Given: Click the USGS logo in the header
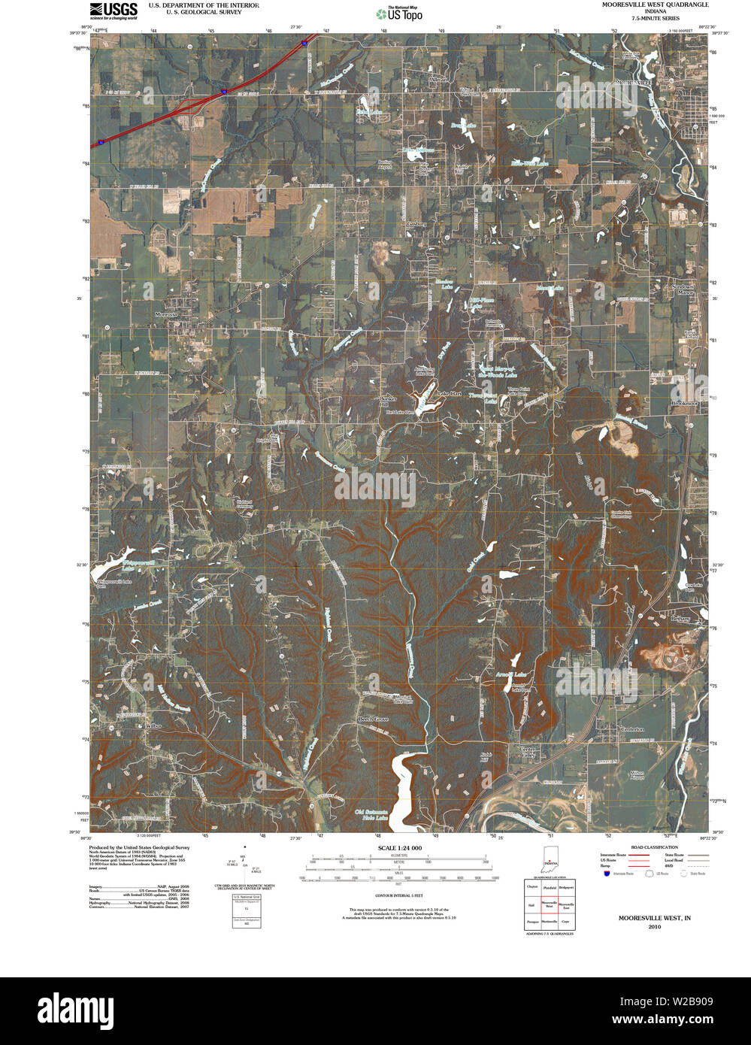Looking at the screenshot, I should coord(114,10).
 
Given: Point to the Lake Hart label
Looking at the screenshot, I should coord(450,394).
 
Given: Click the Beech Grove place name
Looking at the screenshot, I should coord(372,719).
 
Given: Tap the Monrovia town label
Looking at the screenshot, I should coord(166,314).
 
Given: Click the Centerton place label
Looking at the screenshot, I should coord(632,729).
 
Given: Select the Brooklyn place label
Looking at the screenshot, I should coord(684,404).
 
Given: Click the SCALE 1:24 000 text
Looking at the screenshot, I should coord(399,848).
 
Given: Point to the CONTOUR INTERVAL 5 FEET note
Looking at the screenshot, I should coord(398,895).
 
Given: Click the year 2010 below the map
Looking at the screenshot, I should coord(654,927).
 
